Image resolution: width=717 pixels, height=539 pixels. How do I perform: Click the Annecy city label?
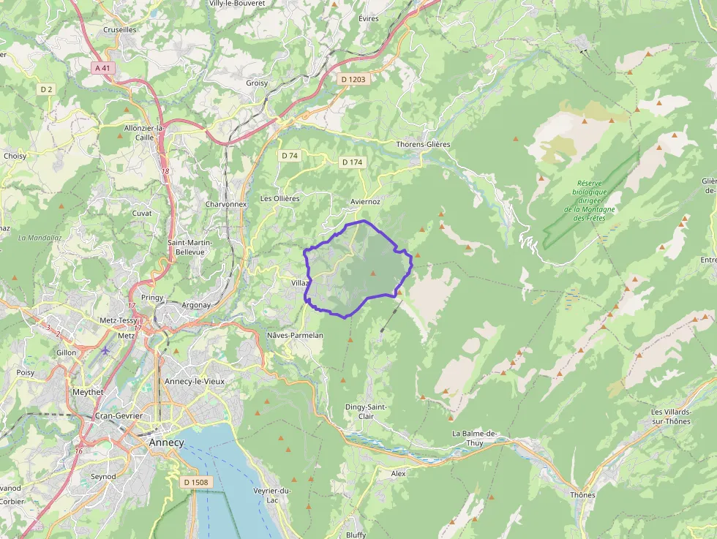(x=166, y=442)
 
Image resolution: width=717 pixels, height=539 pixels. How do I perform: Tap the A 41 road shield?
(x=103, y=68)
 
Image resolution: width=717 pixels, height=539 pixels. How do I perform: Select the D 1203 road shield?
(x=353, y=79)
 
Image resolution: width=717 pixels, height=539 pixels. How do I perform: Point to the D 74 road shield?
(x=290, y=156)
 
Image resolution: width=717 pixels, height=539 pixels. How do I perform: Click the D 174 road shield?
(x=352, y=162)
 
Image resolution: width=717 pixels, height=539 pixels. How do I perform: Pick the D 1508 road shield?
(x=196, y=482)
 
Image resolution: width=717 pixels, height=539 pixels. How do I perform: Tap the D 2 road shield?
(x=47, y=89)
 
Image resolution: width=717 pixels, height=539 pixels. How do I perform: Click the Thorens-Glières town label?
(x=423, y=144)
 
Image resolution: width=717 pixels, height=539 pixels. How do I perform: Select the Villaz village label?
(x=301, y=282)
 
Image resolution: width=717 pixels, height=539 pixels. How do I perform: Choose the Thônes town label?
(x=582, y=495)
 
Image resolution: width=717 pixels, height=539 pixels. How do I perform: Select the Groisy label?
(x=257, y=83)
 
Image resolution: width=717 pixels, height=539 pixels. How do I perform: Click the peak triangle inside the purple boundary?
(x=373, y=274)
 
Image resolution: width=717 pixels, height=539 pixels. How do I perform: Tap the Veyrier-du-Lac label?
(x=272, y=495)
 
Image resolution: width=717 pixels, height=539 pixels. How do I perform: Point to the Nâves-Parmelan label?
(x=295, y=335)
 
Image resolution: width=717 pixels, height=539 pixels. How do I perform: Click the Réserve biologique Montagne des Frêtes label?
(x=590, y=200)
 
